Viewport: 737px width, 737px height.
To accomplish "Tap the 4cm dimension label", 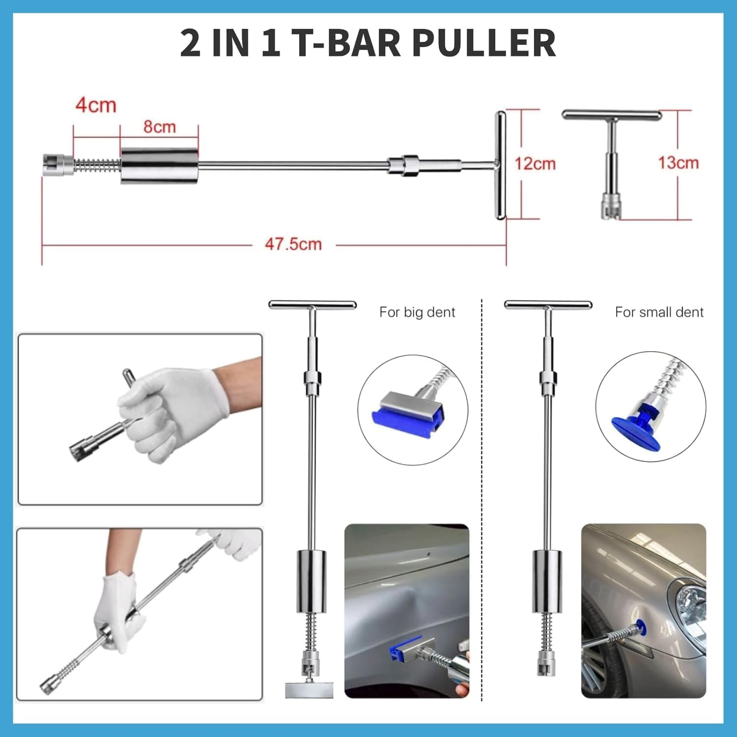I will click(96, 105).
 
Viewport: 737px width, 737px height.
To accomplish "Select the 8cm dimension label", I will click(160, 127).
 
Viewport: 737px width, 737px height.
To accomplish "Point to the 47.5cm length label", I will click(293, 244).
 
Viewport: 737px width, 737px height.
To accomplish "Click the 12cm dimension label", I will click(535, 163).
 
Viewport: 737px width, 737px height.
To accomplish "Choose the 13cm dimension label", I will click(678, 163).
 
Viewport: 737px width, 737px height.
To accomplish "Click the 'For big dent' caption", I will click(417, 312).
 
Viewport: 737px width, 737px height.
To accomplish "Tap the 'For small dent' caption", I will click(659, 312).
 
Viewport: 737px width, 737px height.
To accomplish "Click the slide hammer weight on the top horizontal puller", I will click(160, 166).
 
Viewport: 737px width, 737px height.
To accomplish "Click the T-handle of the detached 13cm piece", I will click(612, 115).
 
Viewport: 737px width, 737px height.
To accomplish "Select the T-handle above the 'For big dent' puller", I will click(312, 305).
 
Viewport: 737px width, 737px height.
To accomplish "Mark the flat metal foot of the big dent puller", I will click(309, 689).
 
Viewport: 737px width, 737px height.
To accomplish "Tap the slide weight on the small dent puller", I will click(547, 582).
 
